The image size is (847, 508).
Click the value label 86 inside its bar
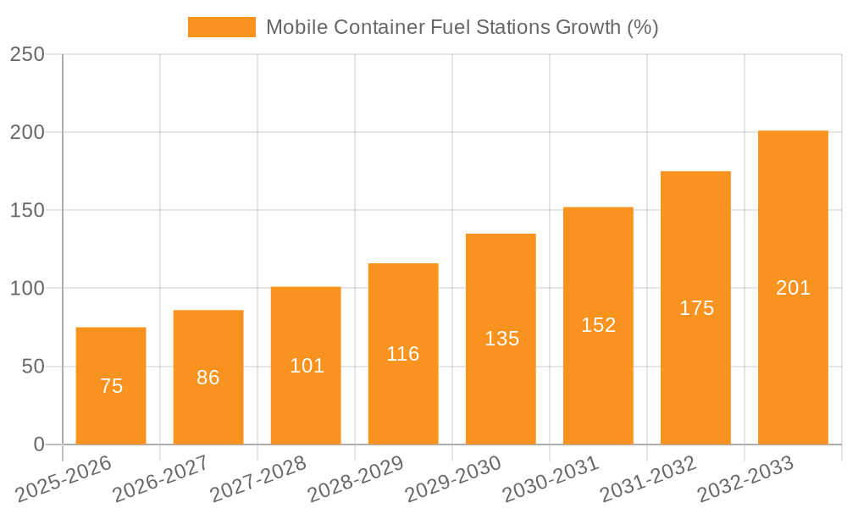pyautogui.click(x=208, y=378)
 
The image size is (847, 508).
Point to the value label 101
pyautogui.click(x=307, y=366)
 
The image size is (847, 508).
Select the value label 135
pyautogui.click(x=501, y=339)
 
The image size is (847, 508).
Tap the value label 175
pyautogui.click(x=696, y=308)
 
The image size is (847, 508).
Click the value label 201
pyautogui.click(x=793, y=288)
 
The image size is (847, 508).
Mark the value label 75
pyautogui.click(x=111, y=386)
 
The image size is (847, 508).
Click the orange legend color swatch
pyautogui.click(x=221, y=27)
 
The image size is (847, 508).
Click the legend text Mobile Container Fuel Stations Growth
pyautogui.click(x=462, y=27)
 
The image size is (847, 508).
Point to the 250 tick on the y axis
pyautogui.click(x=27, y=54)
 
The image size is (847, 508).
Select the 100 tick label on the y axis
pyautogui.click(x=27, y=289)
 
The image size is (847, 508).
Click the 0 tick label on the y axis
pyautogui.click(x=38, y=444)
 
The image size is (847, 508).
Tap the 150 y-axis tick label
pyautogui.click(x=27, y=210)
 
